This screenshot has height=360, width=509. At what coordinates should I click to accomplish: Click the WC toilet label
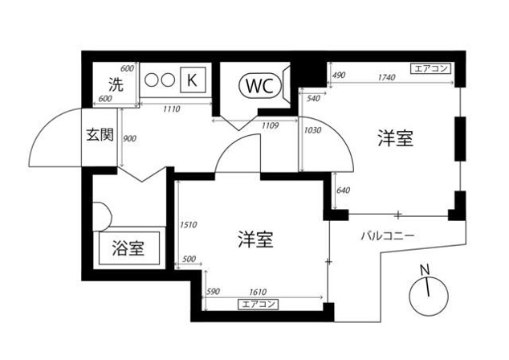point(259,84)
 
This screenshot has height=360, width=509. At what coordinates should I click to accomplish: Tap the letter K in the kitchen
point(191,80)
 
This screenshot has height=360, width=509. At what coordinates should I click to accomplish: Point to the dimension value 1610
point(257,292)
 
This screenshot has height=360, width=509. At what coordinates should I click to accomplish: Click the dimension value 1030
point(312,130)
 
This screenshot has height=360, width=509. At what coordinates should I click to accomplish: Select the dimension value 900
point(128,138)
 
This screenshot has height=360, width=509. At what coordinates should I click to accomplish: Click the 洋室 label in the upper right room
point(395,138)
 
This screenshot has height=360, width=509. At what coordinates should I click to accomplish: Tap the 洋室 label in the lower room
point(256,239)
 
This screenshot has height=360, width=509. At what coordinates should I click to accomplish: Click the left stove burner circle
point(152,80)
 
